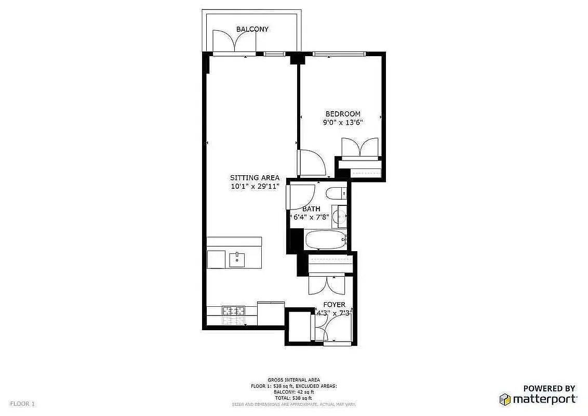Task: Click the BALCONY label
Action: click(x=252, y=29)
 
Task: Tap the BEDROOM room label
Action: click(x=343, y=114)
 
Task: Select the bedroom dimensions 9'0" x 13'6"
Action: click(x=343, y=123)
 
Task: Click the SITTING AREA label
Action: click(x=255, y=178)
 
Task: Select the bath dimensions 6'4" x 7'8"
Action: click(x=311, y=217)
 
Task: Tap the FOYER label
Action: click(x=334, y=305)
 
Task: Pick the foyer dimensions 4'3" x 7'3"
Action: click(x=335, y=313)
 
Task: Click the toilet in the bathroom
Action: click(x=337, y=194)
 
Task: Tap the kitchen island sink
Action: click(x=237, y=259)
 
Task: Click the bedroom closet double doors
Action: click(x=359, y=148)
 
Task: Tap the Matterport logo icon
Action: click(x=504, y=399)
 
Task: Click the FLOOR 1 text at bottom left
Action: click(x=22, y=404)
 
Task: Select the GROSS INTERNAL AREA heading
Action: click(x=293, y=380)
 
